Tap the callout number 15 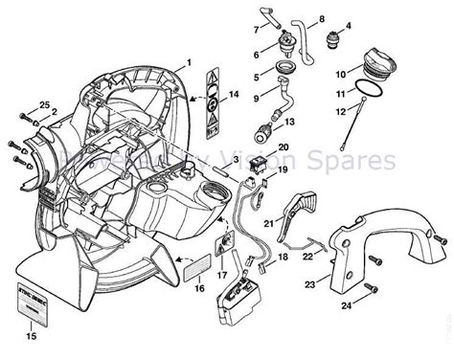click(32, 337)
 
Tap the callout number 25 click(18, 102)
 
